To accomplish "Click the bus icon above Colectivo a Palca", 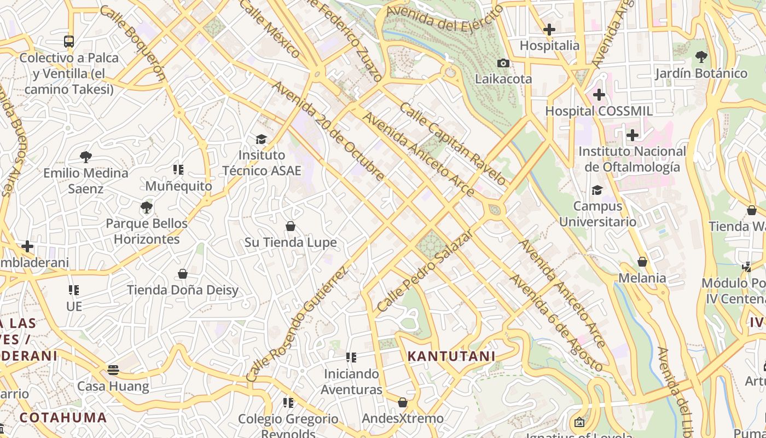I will pos(69,41).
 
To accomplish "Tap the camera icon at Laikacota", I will pos(503,63).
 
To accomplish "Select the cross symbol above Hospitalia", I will pos(549,30).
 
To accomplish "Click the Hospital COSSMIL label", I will pos(599,111).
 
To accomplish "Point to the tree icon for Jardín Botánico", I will pos(701,57).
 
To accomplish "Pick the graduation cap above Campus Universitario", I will pos(597,190).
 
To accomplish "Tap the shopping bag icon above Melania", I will pos(642,262).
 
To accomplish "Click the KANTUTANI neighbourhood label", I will pos(451,356).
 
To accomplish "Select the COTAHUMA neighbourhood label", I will pos(63,418).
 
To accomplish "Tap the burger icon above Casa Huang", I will pos(113,370).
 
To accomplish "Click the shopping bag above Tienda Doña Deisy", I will pos(183,274).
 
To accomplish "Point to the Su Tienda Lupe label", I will pos(291,243).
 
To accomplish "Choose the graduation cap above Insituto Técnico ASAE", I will pos(261,139).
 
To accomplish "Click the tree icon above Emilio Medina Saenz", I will pos(86,157).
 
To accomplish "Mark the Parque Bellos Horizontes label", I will pos(147,232).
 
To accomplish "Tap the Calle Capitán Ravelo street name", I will pos(453,143).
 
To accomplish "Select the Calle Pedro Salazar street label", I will pos(425,272).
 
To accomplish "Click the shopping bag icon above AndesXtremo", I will pos(403,403).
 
